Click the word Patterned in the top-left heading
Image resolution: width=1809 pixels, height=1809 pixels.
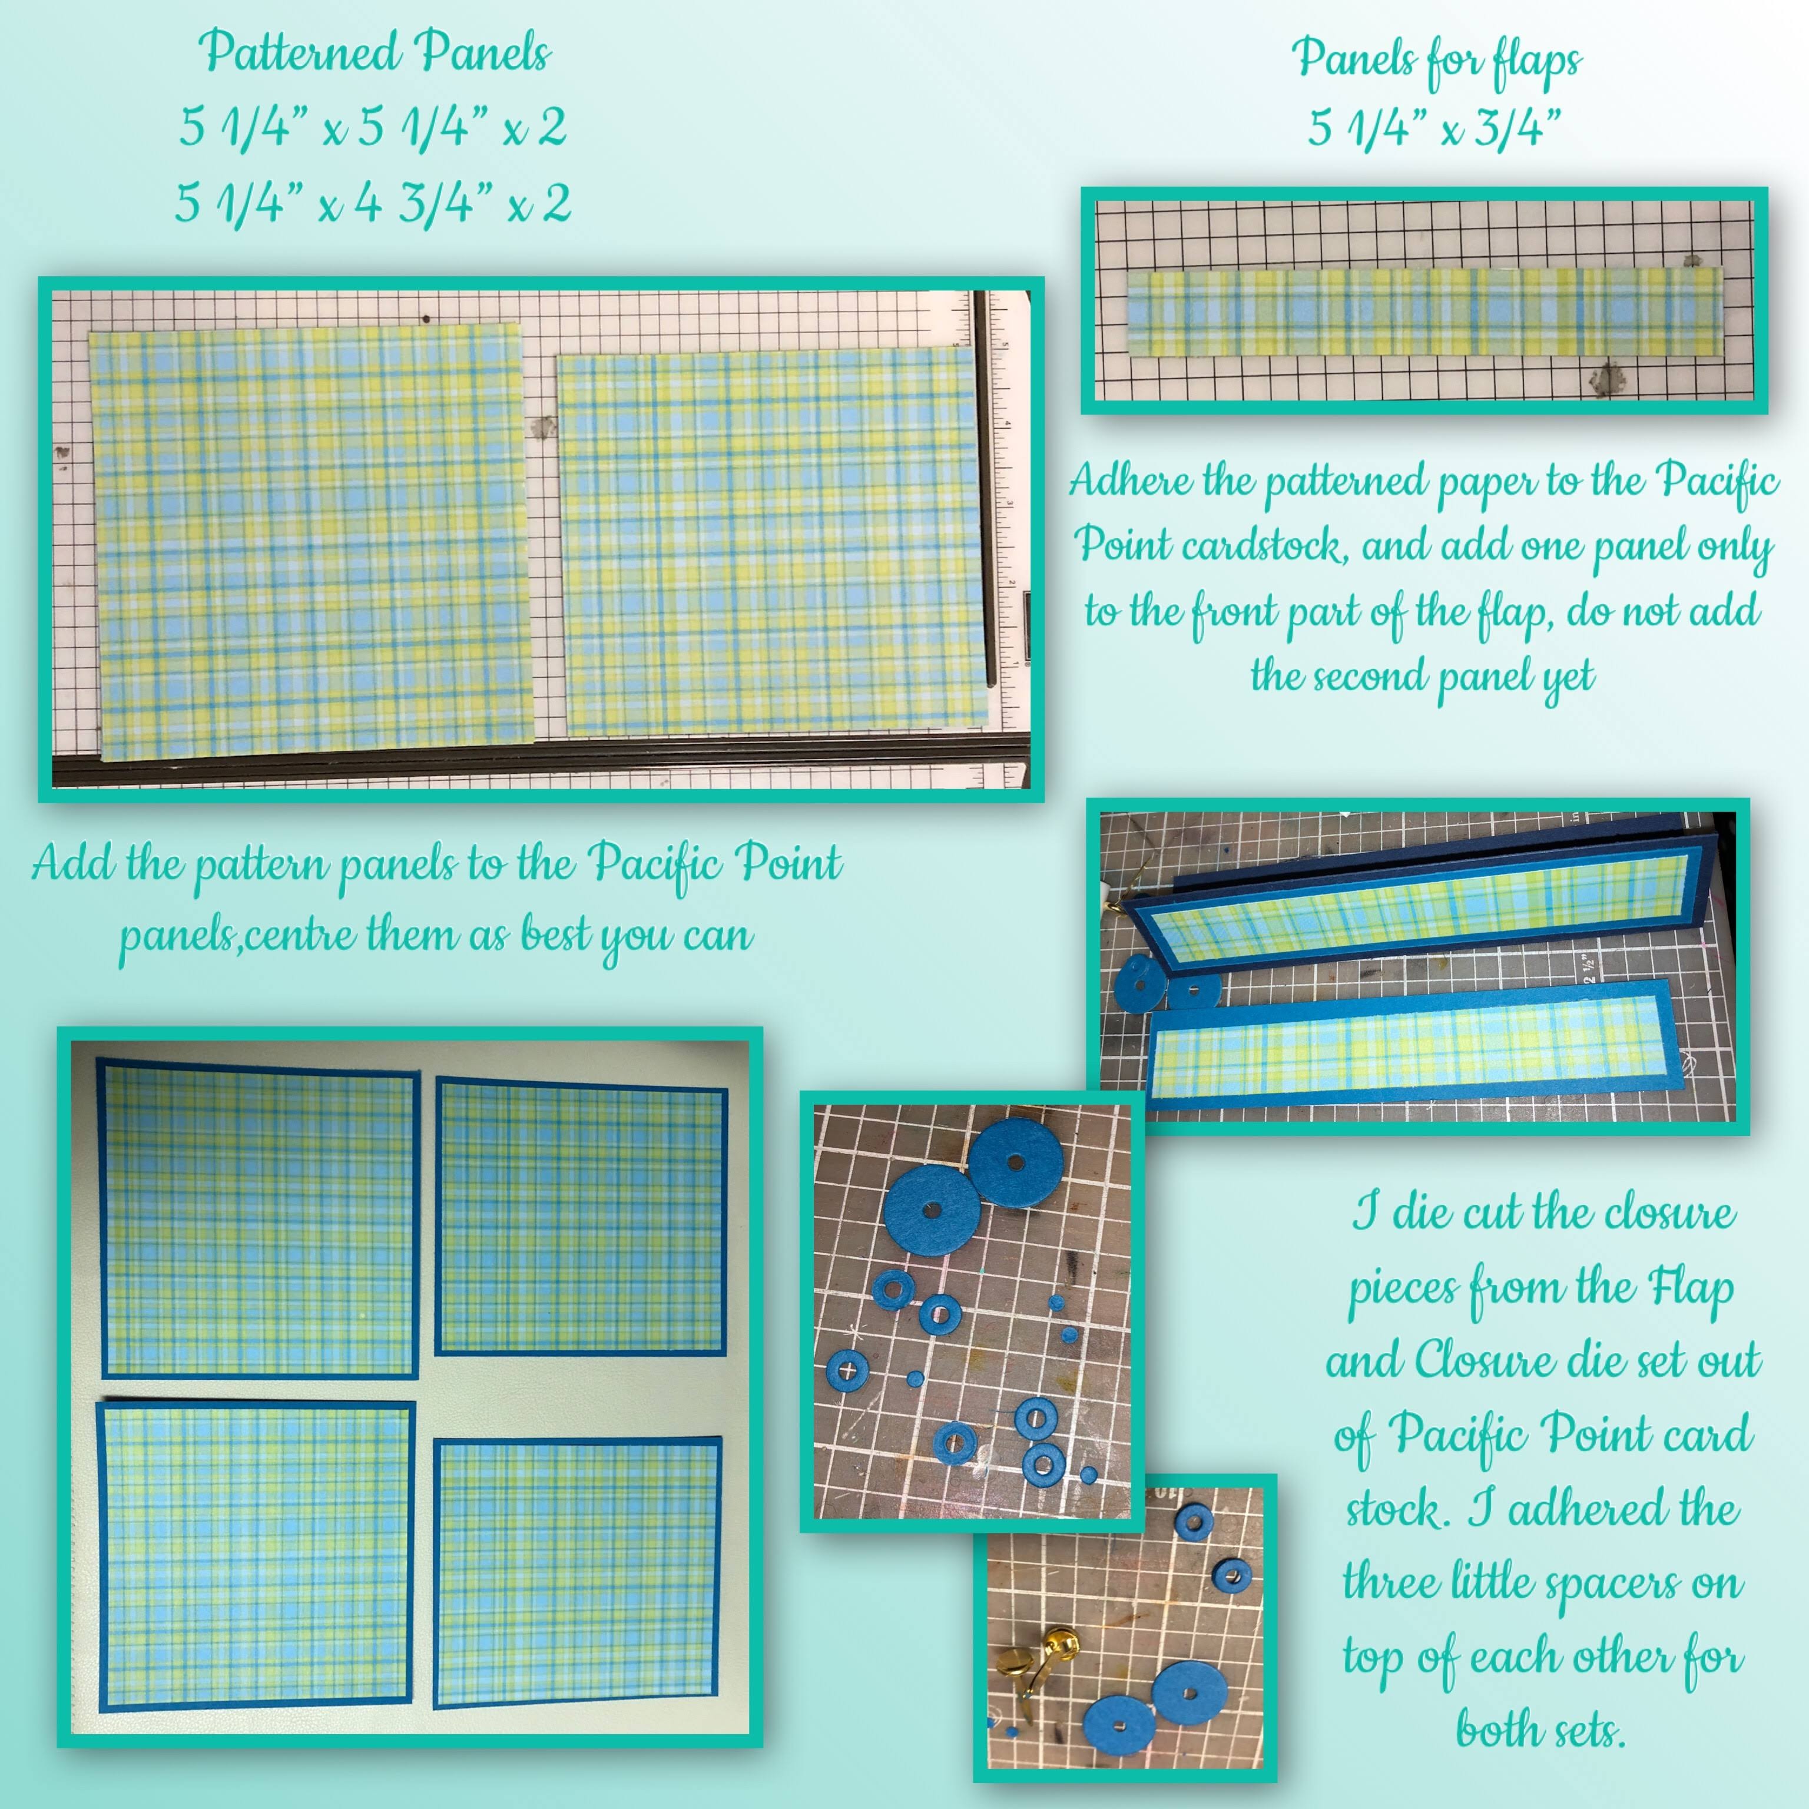(300, 51)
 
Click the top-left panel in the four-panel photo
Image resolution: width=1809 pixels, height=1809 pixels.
(259, 1218)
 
